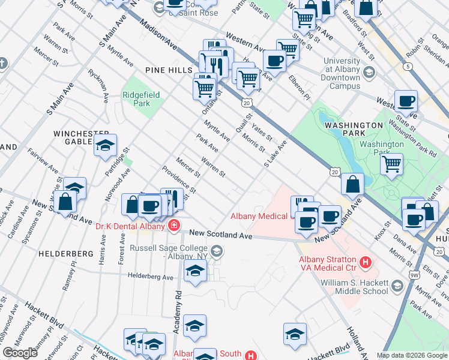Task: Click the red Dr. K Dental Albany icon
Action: pos(173,226)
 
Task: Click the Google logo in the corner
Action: pos(20,353)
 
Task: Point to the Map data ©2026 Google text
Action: pos(412,355)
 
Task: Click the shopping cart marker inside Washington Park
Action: pos(391,163)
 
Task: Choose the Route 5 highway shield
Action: pos(408,67)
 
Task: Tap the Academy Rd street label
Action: pos(178,310)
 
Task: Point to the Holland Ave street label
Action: pos(354,339)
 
